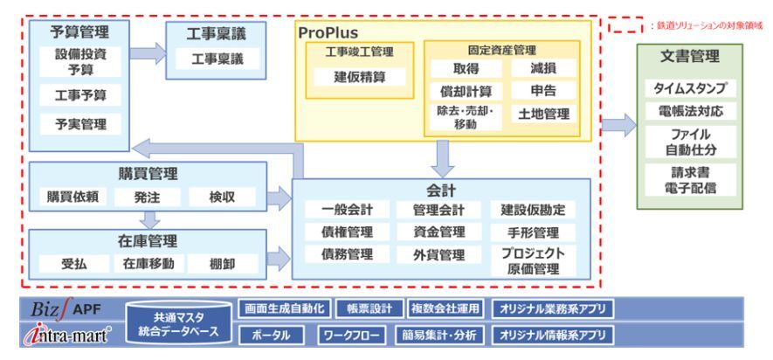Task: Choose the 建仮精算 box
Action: click(358, 77)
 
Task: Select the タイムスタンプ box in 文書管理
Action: click(689, 89)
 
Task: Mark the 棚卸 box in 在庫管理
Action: click(222, 263)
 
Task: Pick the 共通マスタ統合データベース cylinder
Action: click(181, 324)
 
